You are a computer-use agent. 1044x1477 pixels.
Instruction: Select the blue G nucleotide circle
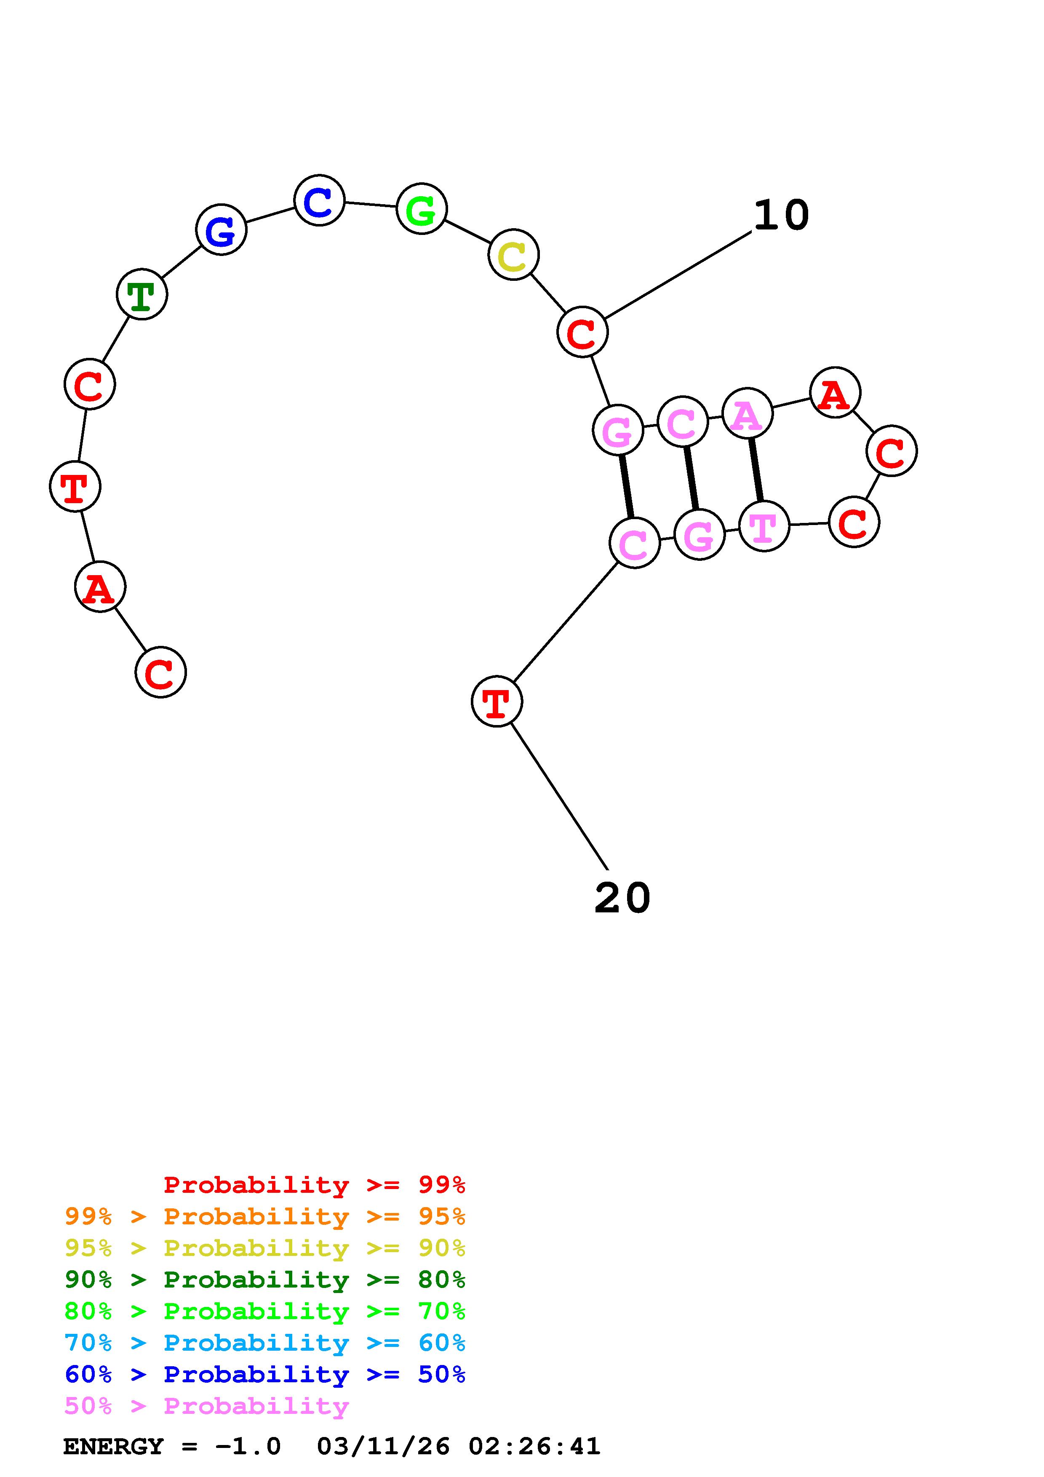(221, 229)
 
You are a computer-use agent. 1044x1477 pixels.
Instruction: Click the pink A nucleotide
(747, 413)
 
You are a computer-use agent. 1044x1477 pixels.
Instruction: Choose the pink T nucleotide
(764, 526)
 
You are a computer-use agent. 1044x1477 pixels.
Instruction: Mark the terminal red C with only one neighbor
(160, 672)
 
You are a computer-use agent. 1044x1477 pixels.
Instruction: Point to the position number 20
(622, 898)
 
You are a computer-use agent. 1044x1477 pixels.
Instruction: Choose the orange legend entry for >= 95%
(265, 1216)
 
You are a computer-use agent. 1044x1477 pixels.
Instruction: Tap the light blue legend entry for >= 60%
(265, 1343)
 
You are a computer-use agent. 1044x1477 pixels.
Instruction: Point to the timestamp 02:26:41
(534, 1447)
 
